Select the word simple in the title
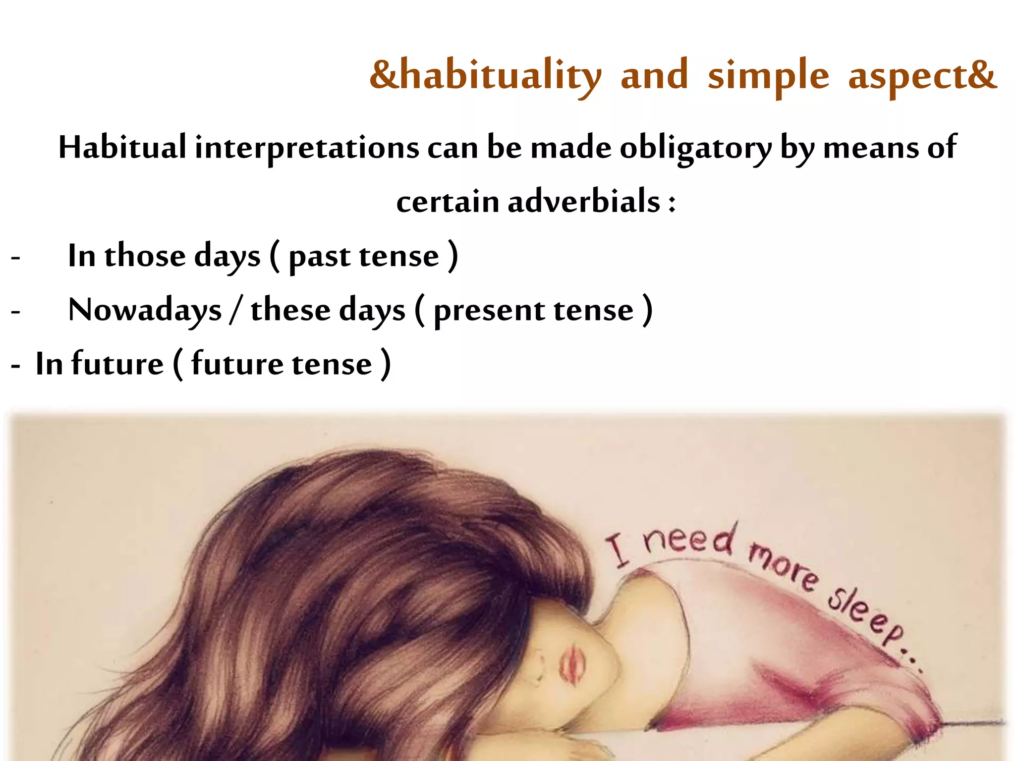coord(768,75)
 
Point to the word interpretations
coord(307,148)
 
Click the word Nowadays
coord(145,311)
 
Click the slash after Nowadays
coord(236,311)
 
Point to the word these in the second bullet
coord(290,310)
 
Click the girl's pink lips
coord(572,664)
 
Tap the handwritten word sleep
coord(867,617)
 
